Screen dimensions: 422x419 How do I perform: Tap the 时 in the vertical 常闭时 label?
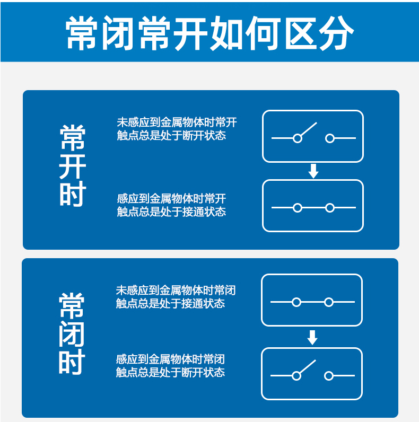click(72, 363)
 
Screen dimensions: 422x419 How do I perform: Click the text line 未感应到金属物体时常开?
click(177, 122)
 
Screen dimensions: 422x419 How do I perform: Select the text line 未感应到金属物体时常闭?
click(176, 291)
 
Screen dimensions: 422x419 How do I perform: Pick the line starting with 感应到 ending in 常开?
click(171, 199)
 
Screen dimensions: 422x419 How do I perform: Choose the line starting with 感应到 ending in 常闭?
click(170, 359)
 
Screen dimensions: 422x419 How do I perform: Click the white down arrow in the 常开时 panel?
click(313, 171)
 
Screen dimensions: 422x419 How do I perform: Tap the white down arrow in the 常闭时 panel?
click(312, 338)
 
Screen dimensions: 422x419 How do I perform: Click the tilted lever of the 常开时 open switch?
click(308, 130)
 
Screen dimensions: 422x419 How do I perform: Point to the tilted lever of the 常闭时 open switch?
click(307, 367)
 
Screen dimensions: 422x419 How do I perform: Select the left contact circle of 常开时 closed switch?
click(298, 208)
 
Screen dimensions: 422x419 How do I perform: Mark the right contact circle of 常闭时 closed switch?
click(329, 302)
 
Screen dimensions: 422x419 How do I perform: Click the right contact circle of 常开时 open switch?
click(330, 138)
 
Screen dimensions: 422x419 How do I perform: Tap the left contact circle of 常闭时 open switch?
click(296, 376)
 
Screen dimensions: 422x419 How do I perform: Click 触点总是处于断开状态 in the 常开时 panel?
click(171, 136)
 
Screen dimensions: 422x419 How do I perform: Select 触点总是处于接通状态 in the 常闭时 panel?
click(170, 304)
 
